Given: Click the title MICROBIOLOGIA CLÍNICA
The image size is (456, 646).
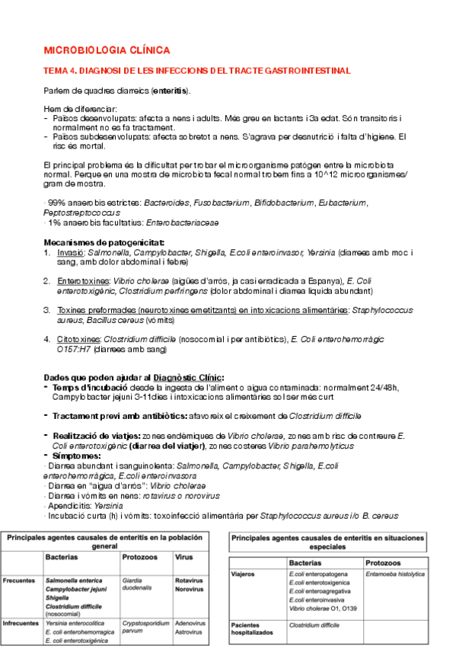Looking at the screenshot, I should tap(107, 50).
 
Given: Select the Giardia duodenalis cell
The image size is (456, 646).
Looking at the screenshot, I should tap(138, 584).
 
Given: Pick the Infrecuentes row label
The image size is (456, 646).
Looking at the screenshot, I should tap(21, 622).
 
